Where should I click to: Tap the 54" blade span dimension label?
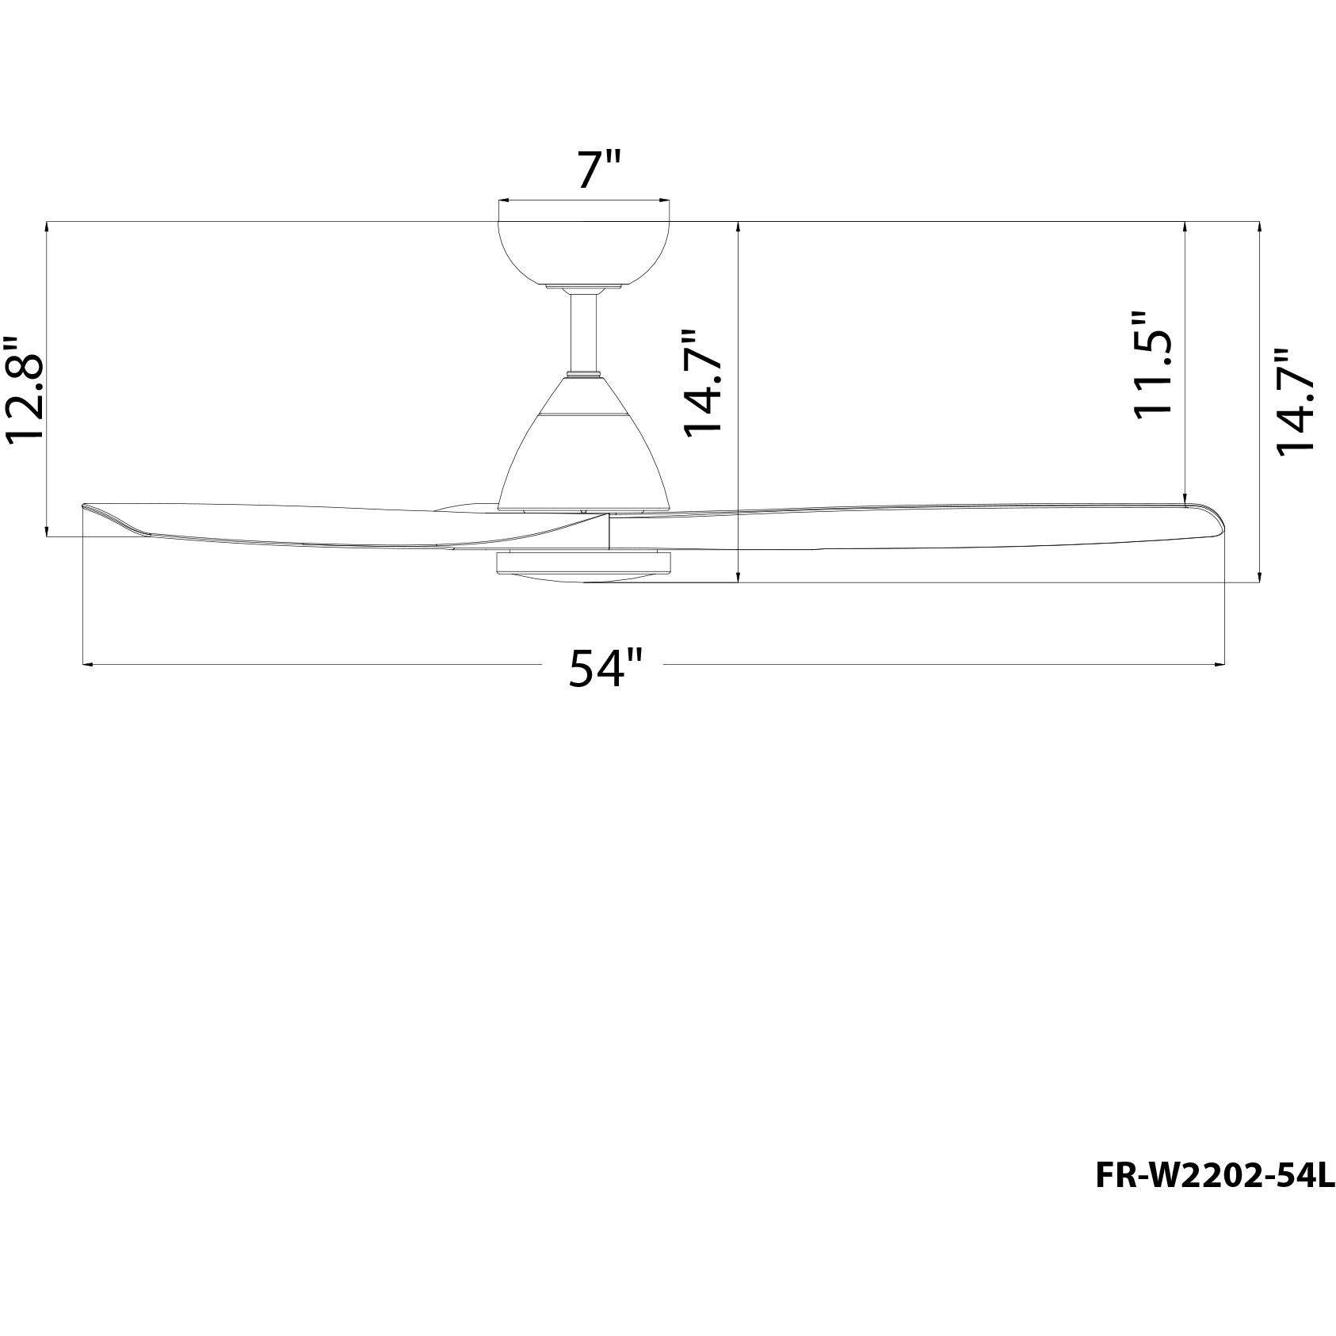click(604, 667)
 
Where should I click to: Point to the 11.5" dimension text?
click(1151, 364)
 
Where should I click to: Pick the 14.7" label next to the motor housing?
click(703, 383)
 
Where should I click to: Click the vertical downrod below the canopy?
click(584, 331)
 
